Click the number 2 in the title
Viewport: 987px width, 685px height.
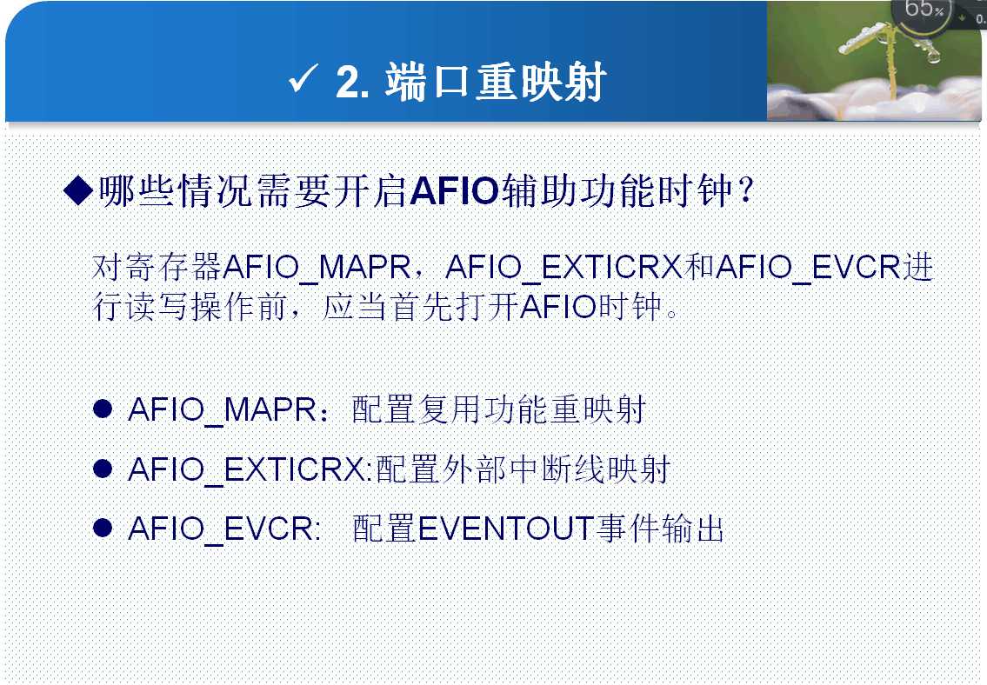point(348,83)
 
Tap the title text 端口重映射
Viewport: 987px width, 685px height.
point(496,82)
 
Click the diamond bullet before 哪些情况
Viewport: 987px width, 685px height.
point(78,190)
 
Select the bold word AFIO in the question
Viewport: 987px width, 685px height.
point(454,190)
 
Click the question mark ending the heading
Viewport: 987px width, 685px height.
point(746,190)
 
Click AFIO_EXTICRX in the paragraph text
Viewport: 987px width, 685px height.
point(564,267)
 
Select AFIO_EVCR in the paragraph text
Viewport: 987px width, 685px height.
point(809,267)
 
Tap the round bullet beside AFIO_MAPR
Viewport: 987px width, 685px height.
point(102,409)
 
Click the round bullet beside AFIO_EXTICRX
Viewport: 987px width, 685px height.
point(102,469)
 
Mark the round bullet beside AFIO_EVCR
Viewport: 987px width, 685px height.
point(102,528)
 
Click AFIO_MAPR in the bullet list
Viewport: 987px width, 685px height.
point(223,409)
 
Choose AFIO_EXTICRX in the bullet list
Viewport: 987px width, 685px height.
point(246,469)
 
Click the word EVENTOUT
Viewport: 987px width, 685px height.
point(507,528)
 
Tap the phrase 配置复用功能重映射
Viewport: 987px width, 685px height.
point(499,409)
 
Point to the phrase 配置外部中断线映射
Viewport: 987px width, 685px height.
point(524,469)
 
